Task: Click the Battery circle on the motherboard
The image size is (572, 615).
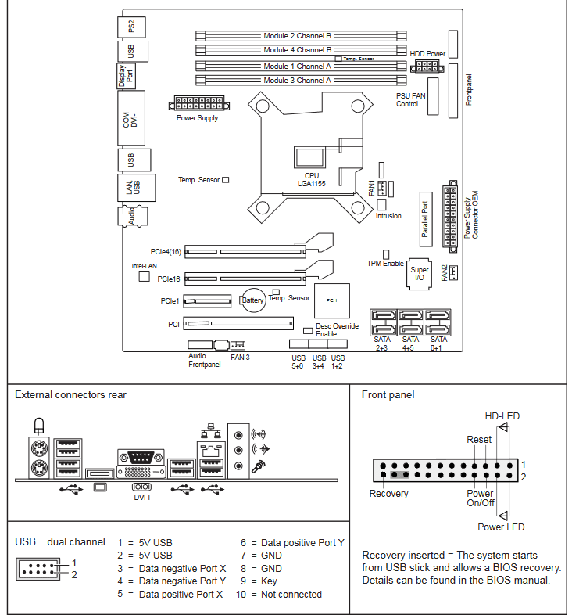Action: click(x=252, y=300)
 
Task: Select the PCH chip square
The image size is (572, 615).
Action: click(x=332, y=300)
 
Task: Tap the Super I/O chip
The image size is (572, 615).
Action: click(x=419, y=274)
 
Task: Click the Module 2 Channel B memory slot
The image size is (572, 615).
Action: click(x=301, y=36)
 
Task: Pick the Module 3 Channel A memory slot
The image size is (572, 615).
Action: click(x=301, y=81)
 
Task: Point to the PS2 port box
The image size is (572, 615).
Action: click(x=131, y=27)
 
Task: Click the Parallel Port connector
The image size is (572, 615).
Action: click(x=426, y=219)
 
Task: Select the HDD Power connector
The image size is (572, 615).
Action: click(x=427, y=67)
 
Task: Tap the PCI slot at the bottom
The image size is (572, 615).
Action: click(x=238, y=324)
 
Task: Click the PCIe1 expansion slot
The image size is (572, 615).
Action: click(x=207, y=300)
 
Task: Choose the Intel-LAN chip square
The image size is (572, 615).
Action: click(x=145, y=276)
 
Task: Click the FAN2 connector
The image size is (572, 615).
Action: click(x=453, y=272)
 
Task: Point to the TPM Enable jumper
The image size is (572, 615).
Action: click(x=386, y=254)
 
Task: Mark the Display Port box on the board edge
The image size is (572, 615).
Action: click(x=126, y=76)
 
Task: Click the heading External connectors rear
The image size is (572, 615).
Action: click(x=70, y=394)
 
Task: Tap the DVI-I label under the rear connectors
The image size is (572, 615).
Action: click(x=141, y=498)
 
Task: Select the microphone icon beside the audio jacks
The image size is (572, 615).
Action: click(x=259, y=466)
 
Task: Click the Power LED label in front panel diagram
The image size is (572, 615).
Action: click(x=501, y=527)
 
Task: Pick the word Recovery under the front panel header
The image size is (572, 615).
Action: click(x=388, y=494)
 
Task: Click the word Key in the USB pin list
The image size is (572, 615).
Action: click(x=269, y=581)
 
